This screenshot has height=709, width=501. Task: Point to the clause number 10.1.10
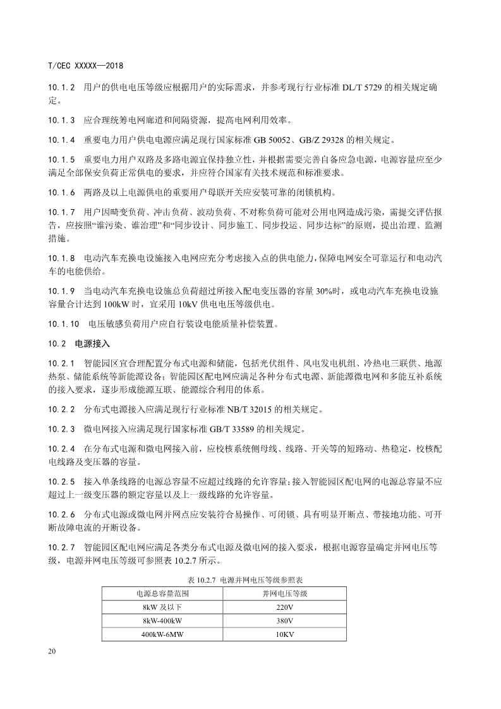pos(63,325)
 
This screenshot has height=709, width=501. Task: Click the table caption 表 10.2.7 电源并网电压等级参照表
pos(250,579)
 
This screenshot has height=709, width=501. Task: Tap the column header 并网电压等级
pos(285,593)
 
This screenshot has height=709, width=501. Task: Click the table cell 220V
pos(285,607)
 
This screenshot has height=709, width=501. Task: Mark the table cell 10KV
pos(285,634)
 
